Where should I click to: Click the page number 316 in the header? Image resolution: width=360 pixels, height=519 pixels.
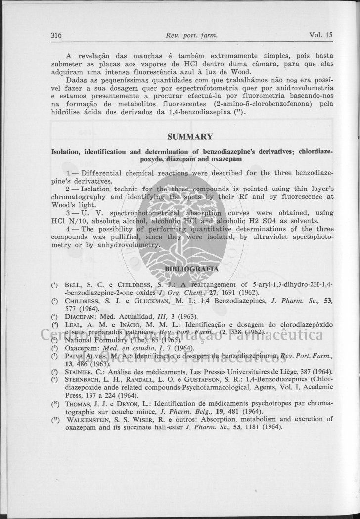pyautogui.click(x=56, y=35)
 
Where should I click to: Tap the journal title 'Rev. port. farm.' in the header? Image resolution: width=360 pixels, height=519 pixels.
pyautogui.click(x=192, y=35)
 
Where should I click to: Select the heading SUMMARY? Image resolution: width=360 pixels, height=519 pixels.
pyautogui.click(x=190, y=137)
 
